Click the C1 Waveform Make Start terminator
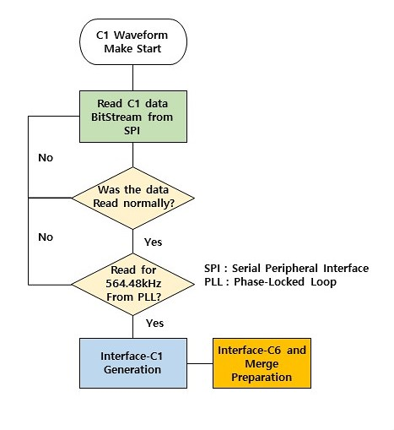(133, 41)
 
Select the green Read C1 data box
(133, 117)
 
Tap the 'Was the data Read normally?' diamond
(133, 198)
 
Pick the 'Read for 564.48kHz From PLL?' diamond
(133, 284)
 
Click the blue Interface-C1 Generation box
(133, 363)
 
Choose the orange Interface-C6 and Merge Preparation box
(262, 363)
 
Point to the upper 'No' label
(46, 158)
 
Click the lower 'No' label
(46, 237)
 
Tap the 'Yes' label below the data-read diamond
(154, 242)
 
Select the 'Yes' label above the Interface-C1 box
(154, 323)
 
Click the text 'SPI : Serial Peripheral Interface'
(286, 268)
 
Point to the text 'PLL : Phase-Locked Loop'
(270, 281)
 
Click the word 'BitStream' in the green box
(116, 117)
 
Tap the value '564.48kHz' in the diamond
(133, 283)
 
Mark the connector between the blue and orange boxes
(200, 363)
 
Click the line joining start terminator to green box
(132, 78)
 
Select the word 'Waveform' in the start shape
(141, 35)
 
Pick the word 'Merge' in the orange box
(262, 364)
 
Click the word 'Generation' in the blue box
(132, 369)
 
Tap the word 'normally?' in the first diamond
(149, 204)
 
